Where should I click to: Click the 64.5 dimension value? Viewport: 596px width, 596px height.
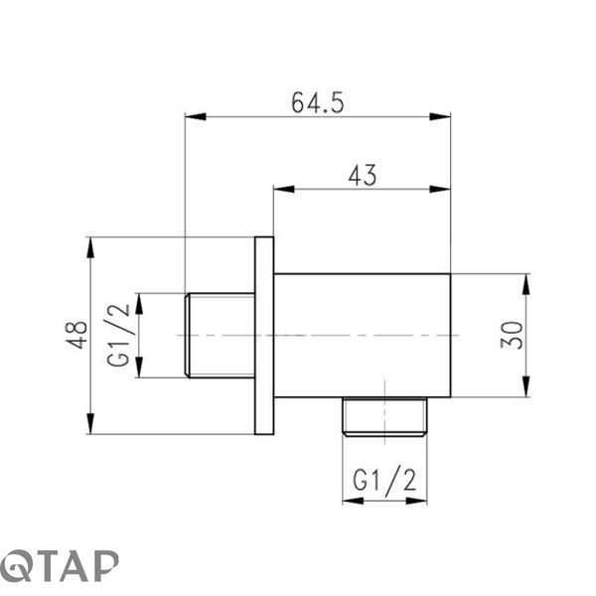point(318,102)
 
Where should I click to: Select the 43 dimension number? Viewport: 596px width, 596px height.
point(363,175)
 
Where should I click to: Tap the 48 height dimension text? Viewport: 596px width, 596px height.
point(76,335)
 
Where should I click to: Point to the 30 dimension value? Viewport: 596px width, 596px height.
point(512,335)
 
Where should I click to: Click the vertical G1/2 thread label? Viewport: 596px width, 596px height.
point(118,336)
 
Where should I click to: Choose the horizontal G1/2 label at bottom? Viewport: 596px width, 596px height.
point(384,482)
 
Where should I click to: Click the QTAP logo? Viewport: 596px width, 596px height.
point(59,565)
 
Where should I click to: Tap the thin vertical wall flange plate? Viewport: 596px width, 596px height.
point(264,336)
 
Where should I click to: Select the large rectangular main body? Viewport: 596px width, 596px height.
point(363,336)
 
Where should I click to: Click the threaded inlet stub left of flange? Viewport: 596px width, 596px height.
point(220,336)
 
